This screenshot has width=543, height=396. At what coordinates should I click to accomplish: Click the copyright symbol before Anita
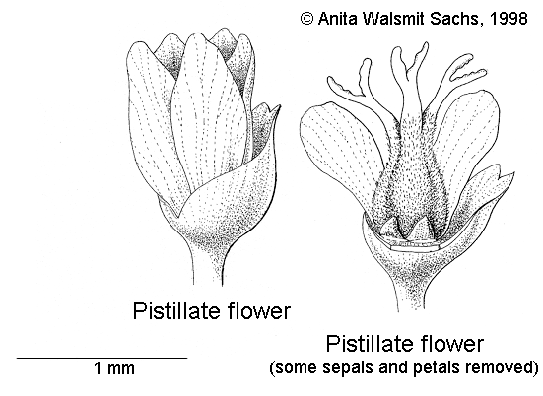[306, 19]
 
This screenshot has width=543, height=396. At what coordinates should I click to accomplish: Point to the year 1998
[509, 19]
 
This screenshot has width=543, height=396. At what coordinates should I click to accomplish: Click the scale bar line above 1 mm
[102, 358]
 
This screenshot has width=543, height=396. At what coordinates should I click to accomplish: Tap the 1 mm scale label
[114, 368]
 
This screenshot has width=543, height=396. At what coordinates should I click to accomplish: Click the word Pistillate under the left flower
[177, 310]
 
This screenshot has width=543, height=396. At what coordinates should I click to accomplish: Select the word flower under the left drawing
[259, 310]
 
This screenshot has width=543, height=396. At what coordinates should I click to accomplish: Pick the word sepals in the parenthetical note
[348, 367]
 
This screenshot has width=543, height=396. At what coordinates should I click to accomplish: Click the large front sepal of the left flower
[236, 194]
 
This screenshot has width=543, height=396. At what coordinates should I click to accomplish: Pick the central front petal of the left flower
[208, 110]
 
